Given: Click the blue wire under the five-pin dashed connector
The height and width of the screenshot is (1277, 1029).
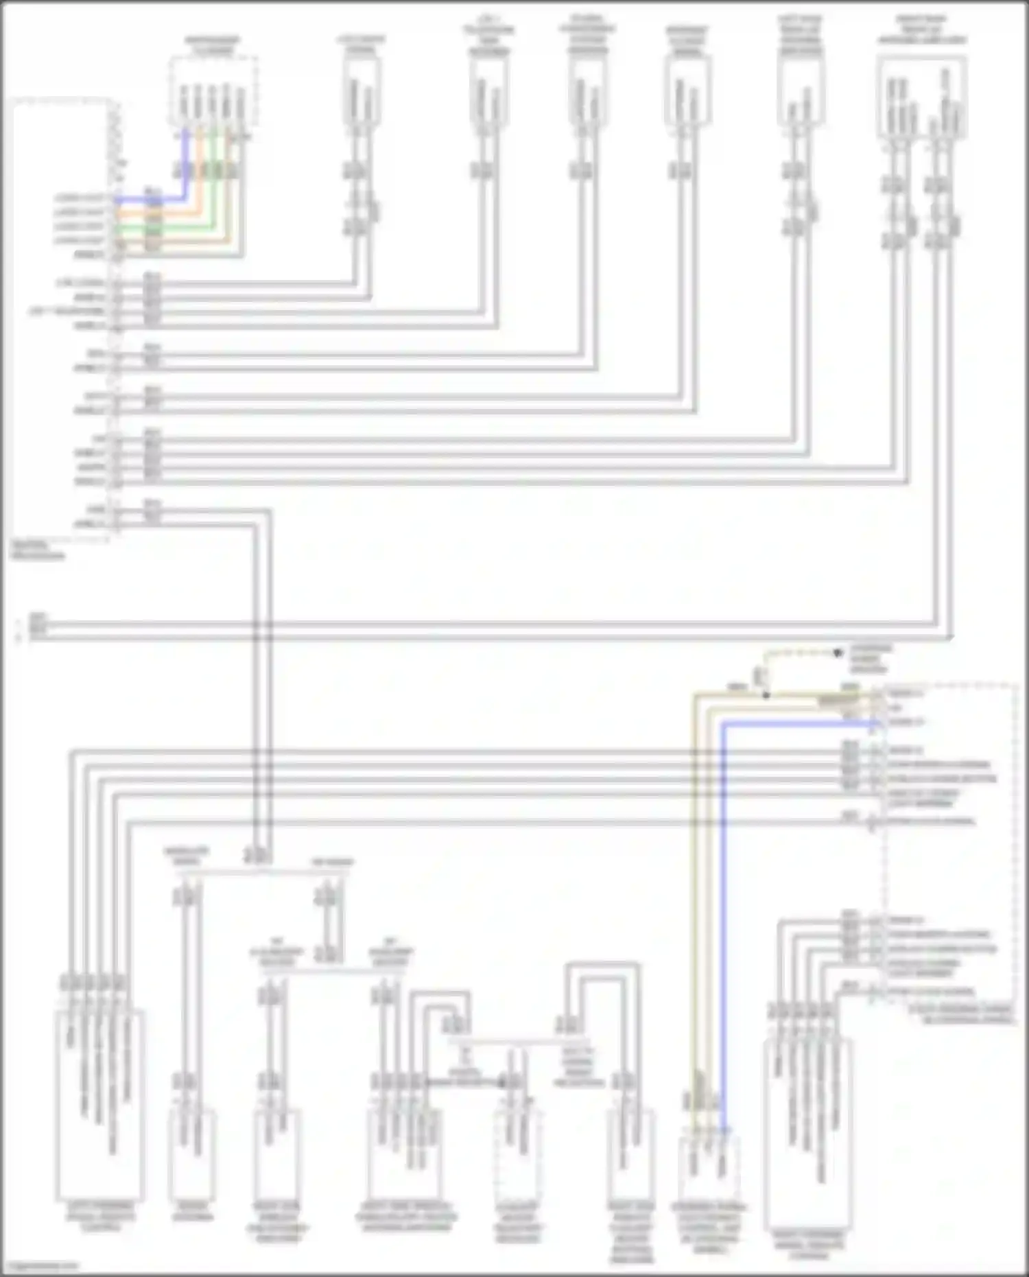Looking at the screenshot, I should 185,165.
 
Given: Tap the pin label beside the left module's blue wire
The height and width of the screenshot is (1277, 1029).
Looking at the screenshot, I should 80,199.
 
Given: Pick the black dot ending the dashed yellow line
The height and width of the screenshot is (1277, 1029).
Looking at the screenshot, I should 838,653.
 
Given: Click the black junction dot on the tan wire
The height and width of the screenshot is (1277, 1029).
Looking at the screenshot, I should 766,695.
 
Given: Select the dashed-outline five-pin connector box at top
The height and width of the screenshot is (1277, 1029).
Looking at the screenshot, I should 213,93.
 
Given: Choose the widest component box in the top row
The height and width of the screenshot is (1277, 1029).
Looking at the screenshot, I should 921,96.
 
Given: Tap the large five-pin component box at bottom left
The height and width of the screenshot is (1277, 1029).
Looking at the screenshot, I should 100,1105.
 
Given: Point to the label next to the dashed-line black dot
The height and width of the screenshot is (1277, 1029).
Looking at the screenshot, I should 871,659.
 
